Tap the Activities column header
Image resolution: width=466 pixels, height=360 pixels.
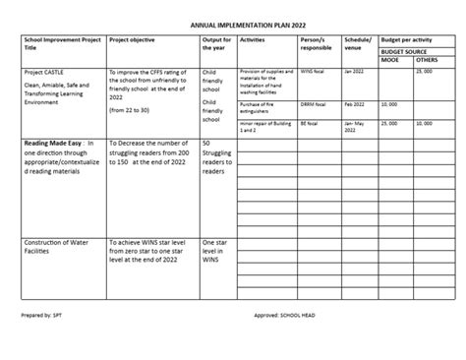(252, 41)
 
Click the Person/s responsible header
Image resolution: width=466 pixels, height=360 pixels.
(316, 45)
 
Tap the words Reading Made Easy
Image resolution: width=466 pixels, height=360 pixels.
(54, 144)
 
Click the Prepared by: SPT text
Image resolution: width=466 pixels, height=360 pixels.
(41, 318)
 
